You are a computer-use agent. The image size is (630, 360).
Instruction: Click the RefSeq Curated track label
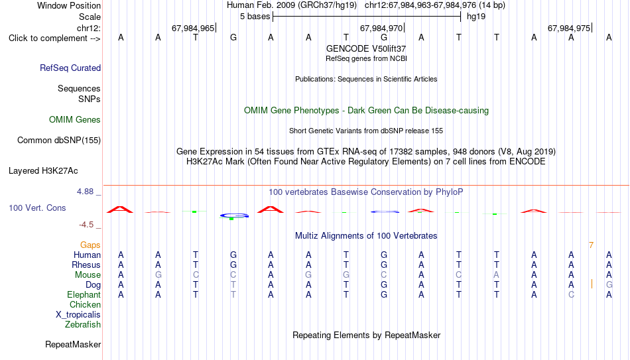click(x=70, y=68)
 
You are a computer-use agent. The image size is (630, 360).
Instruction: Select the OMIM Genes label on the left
click(x=75, y=120)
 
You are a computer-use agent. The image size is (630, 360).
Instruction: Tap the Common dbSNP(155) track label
click(x=59, y=141)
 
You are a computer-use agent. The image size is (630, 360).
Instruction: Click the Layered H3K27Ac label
click(x=43, y=171)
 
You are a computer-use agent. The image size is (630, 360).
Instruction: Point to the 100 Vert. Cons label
click(x=37, y=208)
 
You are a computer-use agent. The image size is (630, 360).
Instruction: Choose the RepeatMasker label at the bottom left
click(x=73, y=344)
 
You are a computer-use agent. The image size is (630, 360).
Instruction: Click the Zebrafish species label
click(x=83, y=324)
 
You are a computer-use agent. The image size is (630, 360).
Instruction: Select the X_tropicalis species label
click(x=78, y=315)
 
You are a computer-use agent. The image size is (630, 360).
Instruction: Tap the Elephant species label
click(x=84, y=295)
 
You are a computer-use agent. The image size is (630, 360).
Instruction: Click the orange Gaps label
click(x=90, y=245)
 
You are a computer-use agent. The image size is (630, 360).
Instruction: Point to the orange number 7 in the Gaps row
click(x=591, y=245)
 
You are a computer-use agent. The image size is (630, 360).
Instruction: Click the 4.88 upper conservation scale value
click(x=85, y=192)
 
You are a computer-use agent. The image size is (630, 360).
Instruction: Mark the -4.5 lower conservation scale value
click(x=86, y=225)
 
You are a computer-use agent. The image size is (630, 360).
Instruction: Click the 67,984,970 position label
click(x=381, y=28)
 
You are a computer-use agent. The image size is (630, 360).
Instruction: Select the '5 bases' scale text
click(x=255, y=17)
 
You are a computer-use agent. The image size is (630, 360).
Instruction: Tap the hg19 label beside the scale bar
click(x=476, y=17)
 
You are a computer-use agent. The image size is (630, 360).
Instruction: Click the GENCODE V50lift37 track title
click(x=366, y=48)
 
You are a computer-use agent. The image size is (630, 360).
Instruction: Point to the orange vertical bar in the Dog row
click(x=592, y=284)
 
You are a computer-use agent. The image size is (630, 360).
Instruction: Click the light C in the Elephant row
click(x=572, y=295)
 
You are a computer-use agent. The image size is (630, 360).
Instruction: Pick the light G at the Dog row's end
click(x=609, y=285)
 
